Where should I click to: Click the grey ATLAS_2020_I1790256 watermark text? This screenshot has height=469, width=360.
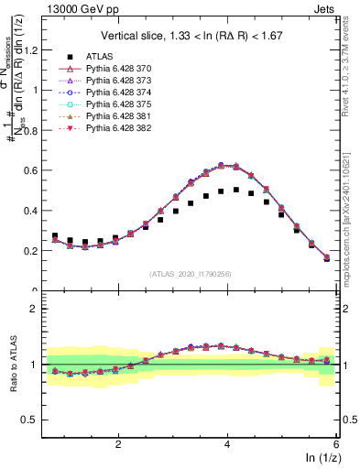tap(191, 274)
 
